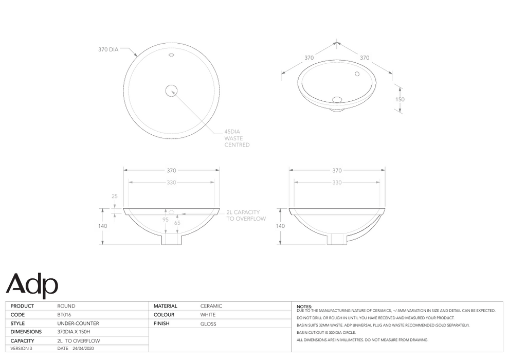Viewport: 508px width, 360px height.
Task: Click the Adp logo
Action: tap(32, 284)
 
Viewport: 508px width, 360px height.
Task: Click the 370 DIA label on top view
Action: tap(108, 50)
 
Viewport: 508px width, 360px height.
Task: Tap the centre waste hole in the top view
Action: tap(171, 91)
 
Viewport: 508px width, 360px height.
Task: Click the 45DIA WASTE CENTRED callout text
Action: tap(237, 138)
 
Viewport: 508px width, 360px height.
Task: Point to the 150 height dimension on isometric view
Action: tap(400, 99)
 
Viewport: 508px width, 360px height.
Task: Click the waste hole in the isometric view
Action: tap(337, 99)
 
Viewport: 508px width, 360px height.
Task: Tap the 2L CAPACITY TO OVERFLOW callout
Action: tap(246, 215)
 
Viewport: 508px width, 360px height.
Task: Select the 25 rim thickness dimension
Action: tap(114, 196)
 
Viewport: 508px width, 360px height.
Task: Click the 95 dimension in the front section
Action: tap(166, 220)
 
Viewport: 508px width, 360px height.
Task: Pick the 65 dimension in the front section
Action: tap(177, 223)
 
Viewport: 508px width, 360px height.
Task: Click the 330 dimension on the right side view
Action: tap(337, 183)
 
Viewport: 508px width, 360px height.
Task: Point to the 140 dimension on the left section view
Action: tap(103, 226)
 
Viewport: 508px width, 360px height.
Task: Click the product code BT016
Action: tap(64, 315)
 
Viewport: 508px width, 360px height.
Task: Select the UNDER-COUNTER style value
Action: tap(78, 323)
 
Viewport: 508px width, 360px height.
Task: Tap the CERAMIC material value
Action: tap(211, 306)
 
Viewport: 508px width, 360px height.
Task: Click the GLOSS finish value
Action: tap(208, 323)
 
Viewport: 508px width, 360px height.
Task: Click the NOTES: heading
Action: tap(305, 307)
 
